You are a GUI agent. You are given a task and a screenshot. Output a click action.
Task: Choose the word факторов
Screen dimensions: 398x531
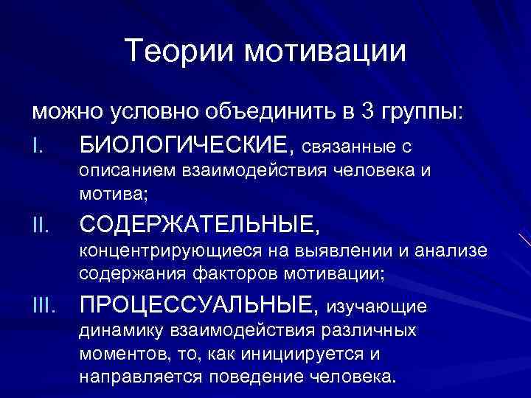237,274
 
